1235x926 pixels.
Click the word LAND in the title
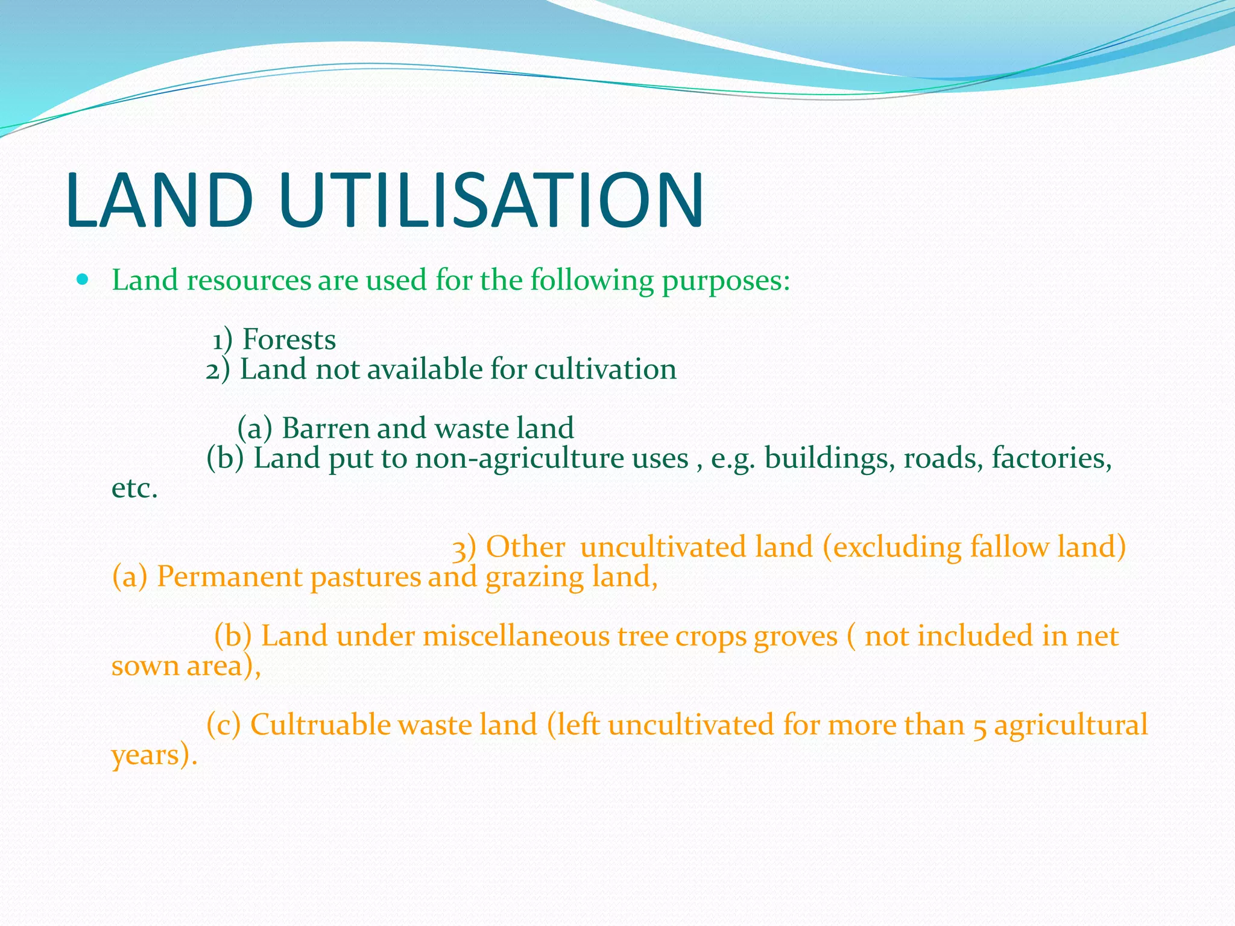160,201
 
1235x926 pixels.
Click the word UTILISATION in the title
491,201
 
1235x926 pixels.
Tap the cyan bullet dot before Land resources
83,280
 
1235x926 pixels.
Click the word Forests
289,339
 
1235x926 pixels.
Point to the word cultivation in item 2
605,369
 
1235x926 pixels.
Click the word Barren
325,428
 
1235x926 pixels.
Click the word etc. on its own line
134,488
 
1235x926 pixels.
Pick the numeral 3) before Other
464,547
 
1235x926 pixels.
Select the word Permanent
229,576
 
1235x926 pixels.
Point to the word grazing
534,578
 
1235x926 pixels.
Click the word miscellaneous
516,636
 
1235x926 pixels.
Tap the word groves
795,637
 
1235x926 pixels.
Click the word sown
145,666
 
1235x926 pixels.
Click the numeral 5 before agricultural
980,726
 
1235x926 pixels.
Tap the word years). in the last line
154,755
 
